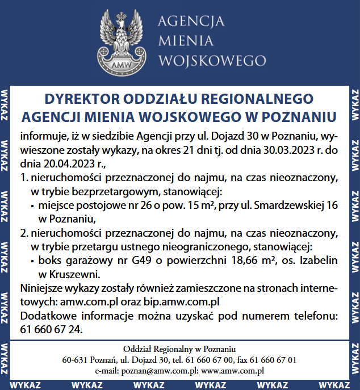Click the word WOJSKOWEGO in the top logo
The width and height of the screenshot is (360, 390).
coord(212,60)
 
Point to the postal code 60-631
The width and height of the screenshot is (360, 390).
coord(74,360)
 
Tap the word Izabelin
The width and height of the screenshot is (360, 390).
coord(315,261)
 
